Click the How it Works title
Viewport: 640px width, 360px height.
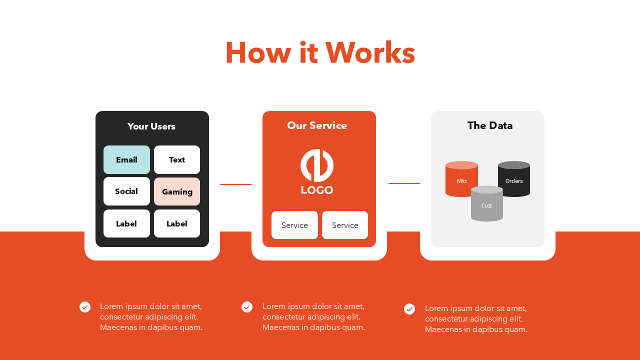320,53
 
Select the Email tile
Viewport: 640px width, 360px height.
126,160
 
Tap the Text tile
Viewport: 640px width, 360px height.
177,160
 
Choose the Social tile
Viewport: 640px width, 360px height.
126,191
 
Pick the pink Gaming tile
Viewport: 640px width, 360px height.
177,191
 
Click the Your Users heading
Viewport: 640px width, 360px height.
151,126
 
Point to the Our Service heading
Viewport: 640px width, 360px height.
317,125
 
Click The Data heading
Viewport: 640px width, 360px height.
490,125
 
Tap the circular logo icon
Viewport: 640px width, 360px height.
317,165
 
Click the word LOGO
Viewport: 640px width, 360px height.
317,190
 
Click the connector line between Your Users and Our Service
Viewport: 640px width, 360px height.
235,184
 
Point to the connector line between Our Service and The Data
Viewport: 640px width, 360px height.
404,183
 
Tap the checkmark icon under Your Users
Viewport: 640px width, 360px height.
85,307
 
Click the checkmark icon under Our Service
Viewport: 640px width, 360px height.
247,307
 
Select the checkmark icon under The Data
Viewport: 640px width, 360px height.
409,309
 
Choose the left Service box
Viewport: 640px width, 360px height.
294,225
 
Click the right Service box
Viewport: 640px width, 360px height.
345,225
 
